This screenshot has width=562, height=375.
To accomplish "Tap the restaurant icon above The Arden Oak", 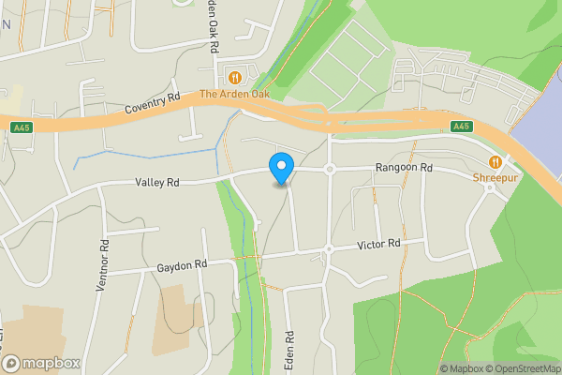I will click(x=235, y=78).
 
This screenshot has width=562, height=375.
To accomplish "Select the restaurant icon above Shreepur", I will click(x=495, y=161).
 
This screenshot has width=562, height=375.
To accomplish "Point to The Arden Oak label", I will click(x=234, y=95).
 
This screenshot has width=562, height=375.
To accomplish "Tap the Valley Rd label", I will click(x=156, y=183).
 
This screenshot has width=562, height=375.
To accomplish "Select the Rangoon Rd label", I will click(x=404, y=168).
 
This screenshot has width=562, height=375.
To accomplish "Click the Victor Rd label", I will click(x=378, y=245).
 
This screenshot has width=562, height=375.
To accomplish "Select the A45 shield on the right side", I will click(x=460, y=127).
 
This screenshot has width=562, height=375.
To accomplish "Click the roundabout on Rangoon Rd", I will click(x=330, y=170).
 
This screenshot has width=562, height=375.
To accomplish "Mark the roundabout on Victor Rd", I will click(x=329, y=249).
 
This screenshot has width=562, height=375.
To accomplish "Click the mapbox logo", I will click(x=40, y=363).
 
